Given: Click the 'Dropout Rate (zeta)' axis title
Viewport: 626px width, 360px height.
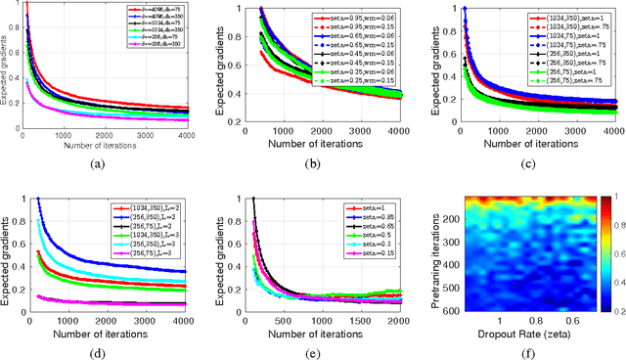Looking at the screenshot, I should pyautogui.click(x=516, y=332).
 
